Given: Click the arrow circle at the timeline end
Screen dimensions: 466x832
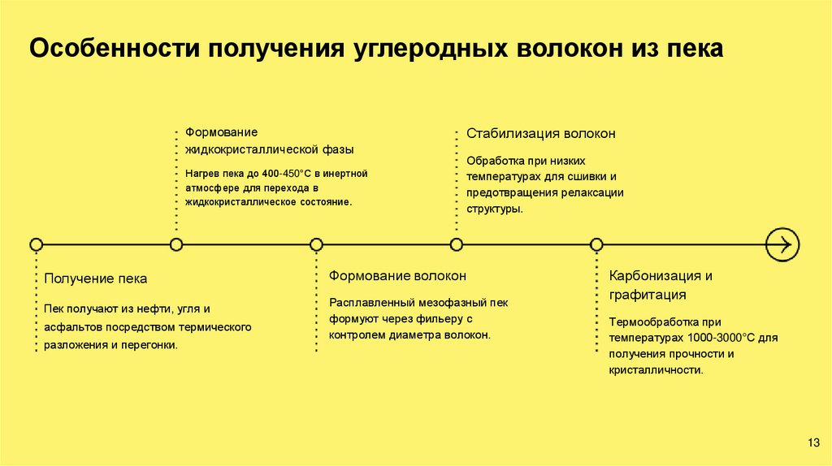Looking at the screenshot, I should pyautogui.click(x=783, y=244).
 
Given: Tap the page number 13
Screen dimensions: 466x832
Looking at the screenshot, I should pyautogui.click(x=813, y=442).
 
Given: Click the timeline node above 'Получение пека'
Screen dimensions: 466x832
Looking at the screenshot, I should pyautogui.click(x=36, y=244).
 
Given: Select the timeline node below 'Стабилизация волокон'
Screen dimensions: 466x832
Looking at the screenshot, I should pyautogui.click(x=457, y=244).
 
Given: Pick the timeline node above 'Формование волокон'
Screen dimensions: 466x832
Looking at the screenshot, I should pyautogui.click(x=317, y=244).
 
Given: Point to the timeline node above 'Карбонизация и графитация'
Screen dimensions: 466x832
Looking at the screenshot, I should pyautogui.click(x=596, y=244).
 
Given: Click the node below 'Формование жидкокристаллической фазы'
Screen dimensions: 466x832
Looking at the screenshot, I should pyautogui.click(x=176, y=244).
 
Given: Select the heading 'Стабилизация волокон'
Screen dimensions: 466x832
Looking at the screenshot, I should pyautogui.click(x=540, y=133).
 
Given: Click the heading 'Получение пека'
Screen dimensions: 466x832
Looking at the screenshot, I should pyautogui.click(x=96, y=278).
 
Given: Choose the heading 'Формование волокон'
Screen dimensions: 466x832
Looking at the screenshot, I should pyautogui.click(x=397, y=276).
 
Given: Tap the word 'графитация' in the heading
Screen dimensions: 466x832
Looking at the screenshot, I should pyautogui.click(x=648, y=295).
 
